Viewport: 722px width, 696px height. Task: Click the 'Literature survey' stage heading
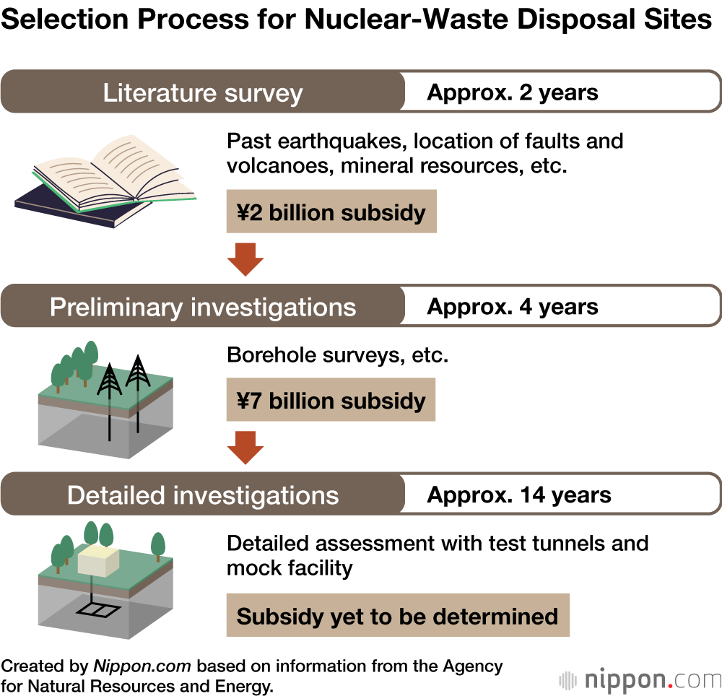203,93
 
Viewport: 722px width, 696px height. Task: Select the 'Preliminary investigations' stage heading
203,307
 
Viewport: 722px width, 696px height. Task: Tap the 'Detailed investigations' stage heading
203,495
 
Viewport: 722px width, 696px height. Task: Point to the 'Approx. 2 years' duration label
513,93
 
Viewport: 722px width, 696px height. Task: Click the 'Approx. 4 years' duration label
513,307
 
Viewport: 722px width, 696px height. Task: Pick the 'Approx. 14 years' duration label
519,495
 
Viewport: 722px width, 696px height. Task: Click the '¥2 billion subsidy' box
331,212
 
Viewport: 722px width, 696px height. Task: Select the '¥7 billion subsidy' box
331,400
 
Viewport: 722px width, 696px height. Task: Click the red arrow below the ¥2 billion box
245,260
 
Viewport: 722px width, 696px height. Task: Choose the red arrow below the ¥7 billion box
245,448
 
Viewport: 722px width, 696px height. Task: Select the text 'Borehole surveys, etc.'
337,355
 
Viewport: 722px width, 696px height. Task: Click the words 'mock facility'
290,567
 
